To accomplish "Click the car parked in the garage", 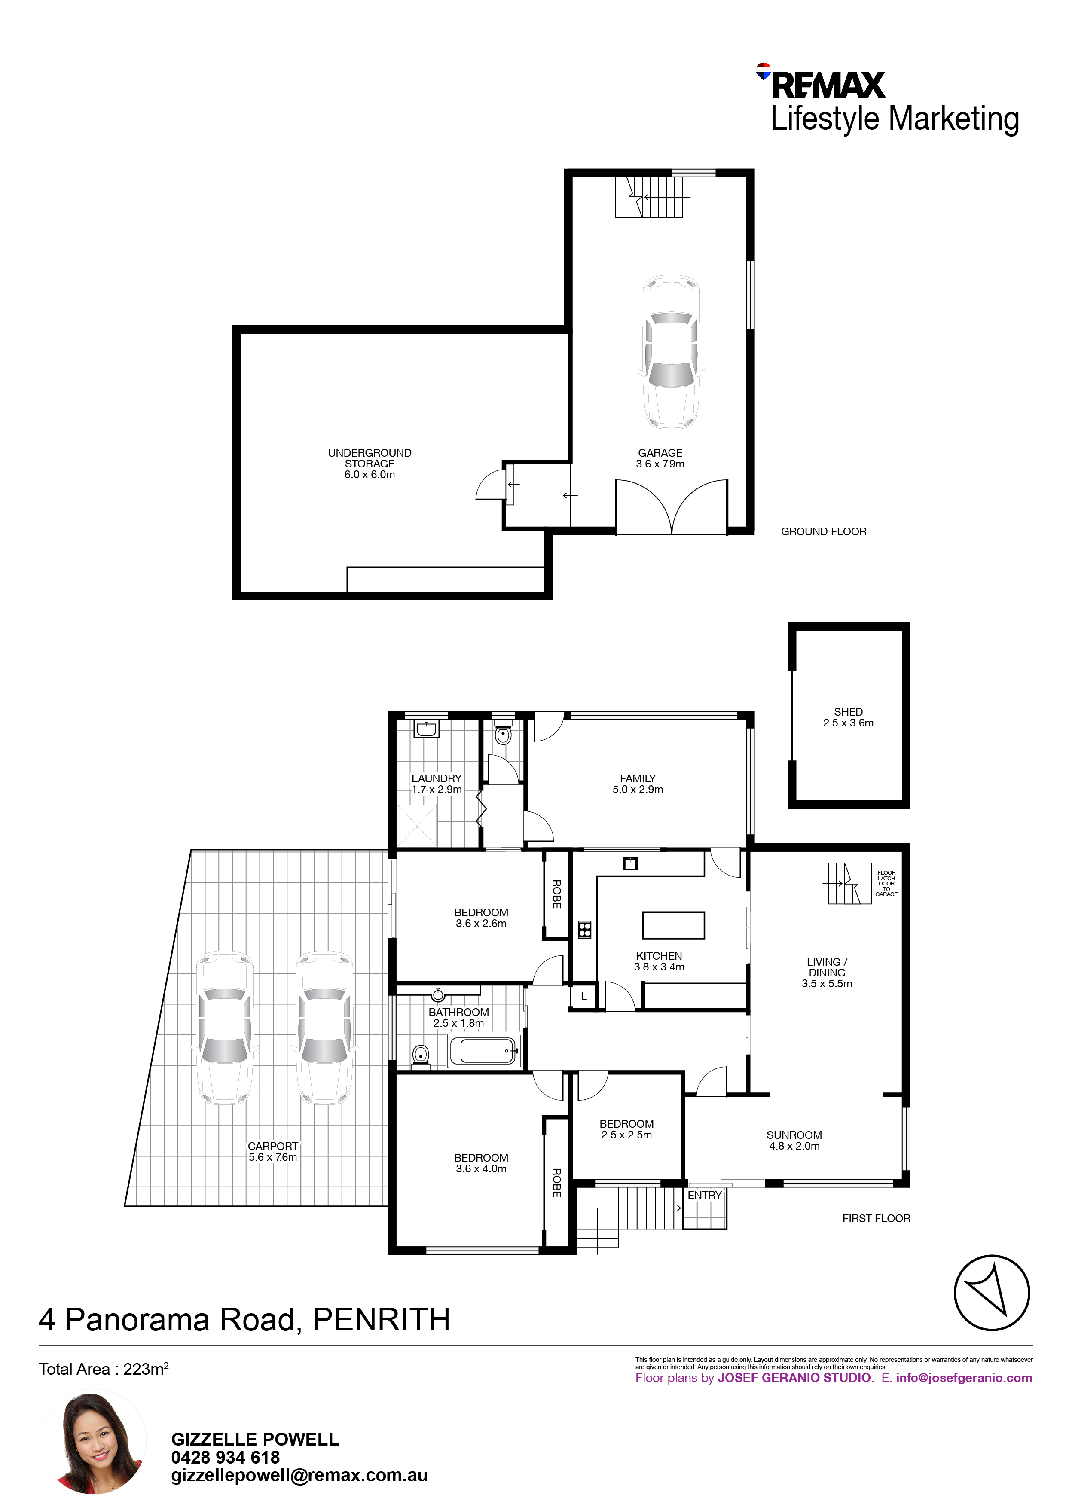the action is [671, 352].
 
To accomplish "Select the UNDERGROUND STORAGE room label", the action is [370, 464].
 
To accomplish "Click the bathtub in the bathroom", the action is [484, 1051].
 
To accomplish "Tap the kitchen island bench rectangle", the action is [673, 925].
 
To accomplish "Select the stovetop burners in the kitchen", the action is [584, 929].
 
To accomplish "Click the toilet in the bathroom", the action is [421, 1056].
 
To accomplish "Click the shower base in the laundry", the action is [417, 826].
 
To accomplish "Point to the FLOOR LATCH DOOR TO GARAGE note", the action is [886, 884].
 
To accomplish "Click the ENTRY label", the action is [704, 1195].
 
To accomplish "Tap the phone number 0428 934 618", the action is [225, 1457].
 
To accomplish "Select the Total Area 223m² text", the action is [104, 1369].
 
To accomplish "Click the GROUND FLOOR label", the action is [823, 532].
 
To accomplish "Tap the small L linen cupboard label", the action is [583, 996].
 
